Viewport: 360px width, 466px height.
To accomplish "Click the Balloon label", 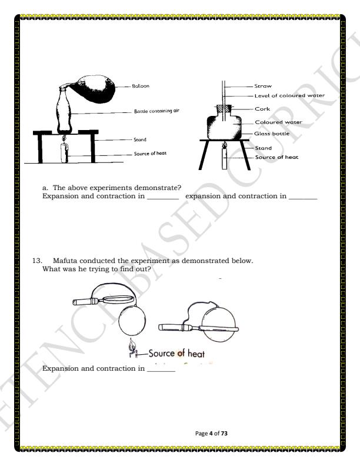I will point(141,86).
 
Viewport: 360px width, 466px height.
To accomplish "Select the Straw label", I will point(263,86).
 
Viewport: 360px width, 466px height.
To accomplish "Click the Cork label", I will point(262,109).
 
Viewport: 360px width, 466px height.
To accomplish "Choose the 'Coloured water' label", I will point(278,122).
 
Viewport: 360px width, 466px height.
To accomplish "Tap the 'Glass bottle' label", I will point(272,134).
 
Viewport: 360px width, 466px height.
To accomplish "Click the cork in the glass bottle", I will point(222,109).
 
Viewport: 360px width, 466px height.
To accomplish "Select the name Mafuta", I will point(66,260).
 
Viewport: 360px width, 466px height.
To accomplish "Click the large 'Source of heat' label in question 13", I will point(177,354).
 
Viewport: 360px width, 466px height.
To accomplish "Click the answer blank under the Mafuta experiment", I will point(161,369).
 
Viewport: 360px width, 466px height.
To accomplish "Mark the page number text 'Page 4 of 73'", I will point(212,434).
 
